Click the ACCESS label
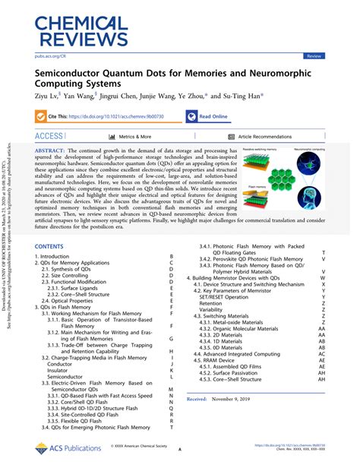(49, 137)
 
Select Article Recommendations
(264, 137)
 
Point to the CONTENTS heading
(50, 247)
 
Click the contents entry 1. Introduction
(58, 258)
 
